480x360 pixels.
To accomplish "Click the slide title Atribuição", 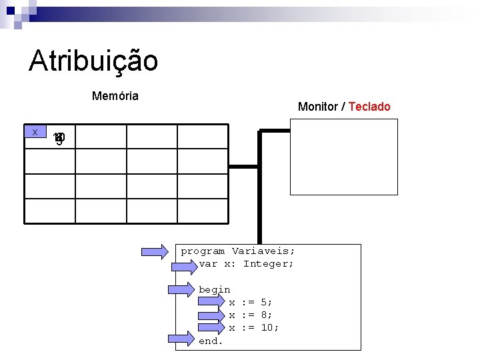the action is tap(93, 61).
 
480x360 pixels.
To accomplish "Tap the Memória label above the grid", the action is tap(115, 96).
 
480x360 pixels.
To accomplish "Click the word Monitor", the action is tap(318, 107).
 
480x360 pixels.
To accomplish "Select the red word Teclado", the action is tap(369, 107).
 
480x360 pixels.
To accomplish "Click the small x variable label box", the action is tap(34, 132).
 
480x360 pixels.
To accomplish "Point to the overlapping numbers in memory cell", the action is tap(59, 139).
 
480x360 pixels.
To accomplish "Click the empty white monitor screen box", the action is tap(343, 157).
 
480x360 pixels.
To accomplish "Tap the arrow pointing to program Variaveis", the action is tap(155, 251).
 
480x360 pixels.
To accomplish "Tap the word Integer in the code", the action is tap(268, 264).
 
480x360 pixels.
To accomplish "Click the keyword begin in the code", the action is tap(214, 290).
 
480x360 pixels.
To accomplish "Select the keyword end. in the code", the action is tap(211, 341).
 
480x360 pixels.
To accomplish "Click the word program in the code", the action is tap(203, 251).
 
